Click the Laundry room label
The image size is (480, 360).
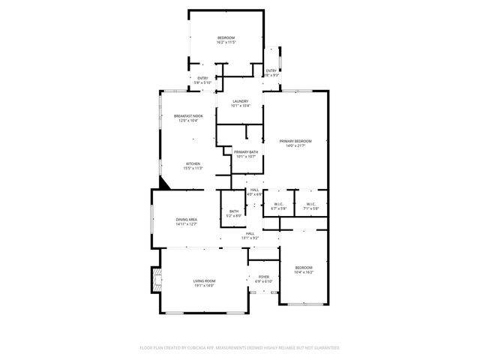coord(240,101)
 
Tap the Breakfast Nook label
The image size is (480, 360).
coord(188,115)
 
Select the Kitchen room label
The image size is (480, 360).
coord(193,163)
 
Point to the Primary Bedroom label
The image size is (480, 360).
coord(295,141)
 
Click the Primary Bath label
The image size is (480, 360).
coord(246,152)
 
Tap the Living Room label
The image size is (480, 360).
coord(204,281)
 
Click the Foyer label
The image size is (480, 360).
coord(264,277)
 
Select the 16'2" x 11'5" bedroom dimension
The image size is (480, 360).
coord(226,43)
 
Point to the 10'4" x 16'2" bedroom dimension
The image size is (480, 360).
coord(304,273)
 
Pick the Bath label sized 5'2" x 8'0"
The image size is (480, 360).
coord(234,211)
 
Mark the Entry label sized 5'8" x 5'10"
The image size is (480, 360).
coord(202,78)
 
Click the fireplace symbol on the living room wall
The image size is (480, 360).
coord(155,281)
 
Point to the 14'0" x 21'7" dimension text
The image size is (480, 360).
coord(295,145)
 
